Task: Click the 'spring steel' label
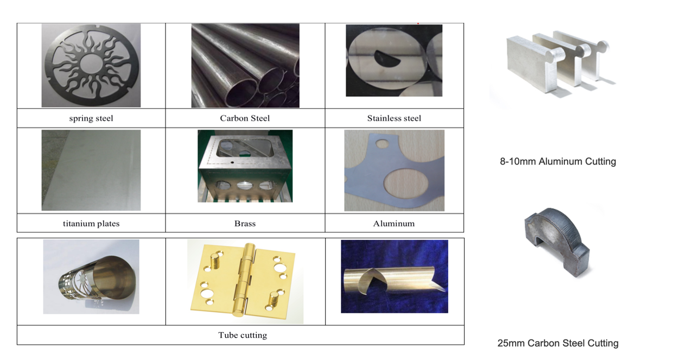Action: click(91, 118)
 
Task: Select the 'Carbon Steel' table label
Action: click(245, 118)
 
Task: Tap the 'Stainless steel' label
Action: click(394, 118)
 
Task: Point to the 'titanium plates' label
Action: click(91, 223)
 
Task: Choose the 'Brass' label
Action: click(245, 223)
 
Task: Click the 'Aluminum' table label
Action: click(394, 223)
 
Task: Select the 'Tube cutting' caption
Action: click(243, 335)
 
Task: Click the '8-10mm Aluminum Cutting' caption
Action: click(558, 161)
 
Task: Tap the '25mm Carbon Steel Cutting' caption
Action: click(558, 343)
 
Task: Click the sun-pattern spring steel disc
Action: click(91, 66)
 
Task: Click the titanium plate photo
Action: click(91, 170)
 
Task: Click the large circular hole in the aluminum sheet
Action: click(406, 182)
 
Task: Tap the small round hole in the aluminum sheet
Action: click(382, 143)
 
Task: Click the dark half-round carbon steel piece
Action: click(557, 243)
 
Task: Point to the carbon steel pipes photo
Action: click(245, 66)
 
